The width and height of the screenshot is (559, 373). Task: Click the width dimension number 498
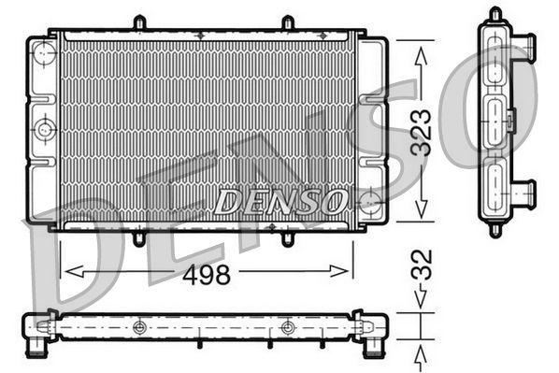[x=206, y=275]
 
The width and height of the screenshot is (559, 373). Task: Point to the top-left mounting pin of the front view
[x=138, y=22]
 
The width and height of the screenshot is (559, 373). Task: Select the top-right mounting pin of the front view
[x=287, y=22]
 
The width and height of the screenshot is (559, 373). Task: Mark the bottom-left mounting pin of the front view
[x=138, y=237]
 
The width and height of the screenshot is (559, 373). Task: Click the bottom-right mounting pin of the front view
[x=287, y=237]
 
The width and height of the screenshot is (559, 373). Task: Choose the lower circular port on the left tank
[x=44, y=129]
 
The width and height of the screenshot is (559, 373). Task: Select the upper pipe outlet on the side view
[x=526, y=44]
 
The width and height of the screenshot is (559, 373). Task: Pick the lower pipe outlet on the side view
[x=526, y=194]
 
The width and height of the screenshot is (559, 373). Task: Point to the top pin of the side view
[x=495, y=14]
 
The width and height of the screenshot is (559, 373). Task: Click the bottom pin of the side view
[x=495, y=230]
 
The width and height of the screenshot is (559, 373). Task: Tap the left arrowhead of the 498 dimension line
[x=65, y=271]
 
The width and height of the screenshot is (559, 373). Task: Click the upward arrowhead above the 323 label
[x=422, y=47]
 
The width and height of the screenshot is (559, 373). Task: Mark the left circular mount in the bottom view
[x=139, y=327]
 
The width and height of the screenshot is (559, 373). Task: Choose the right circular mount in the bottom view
[x=287, y=327]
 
